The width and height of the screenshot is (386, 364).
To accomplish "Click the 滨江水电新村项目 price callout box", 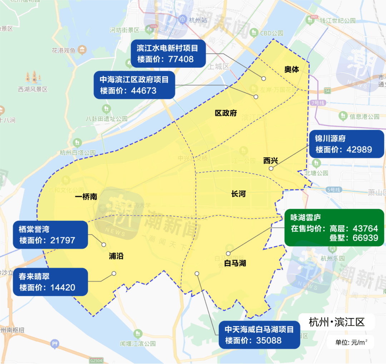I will coord(168,53).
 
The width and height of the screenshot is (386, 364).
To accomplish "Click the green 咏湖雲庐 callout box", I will coord(334,227).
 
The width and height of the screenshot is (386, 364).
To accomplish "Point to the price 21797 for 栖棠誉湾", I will coord(62,240).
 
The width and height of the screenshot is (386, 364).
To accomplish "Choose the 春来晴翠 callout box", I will coord(50,282).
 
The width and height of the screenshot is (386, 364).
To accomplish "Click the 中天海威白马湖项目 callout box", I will coord(259,335).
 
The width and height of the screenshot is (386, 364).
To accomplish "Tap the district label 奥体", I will coord(292,69).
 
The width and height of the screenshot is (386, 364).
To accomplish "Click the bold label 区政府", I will coord(226,113).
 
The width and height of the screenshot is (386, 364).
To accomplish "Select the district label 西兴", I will coord(271,161).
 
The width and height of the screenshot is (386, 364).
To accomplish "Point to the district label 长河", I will coord(238,194).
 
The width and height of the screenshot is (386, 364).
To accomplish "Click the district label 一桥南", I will coord(86,197).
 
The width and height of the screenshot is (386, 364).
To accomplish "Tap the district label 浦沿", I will coord(116,256).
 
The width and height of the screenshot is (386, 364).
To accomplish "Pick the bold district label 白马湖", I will coord(235,264).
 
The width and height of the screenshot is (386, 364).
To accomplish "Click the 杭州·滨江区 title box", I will coord(337,322).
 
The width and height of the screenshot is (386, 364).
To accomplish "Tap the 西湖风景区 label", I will coord(33,89).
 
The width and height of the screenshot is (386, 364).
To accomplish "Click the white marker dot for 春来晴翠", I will coord(114,274).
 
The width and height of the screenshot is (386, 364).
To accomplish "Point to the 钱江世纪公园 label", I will coord(337,21).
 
